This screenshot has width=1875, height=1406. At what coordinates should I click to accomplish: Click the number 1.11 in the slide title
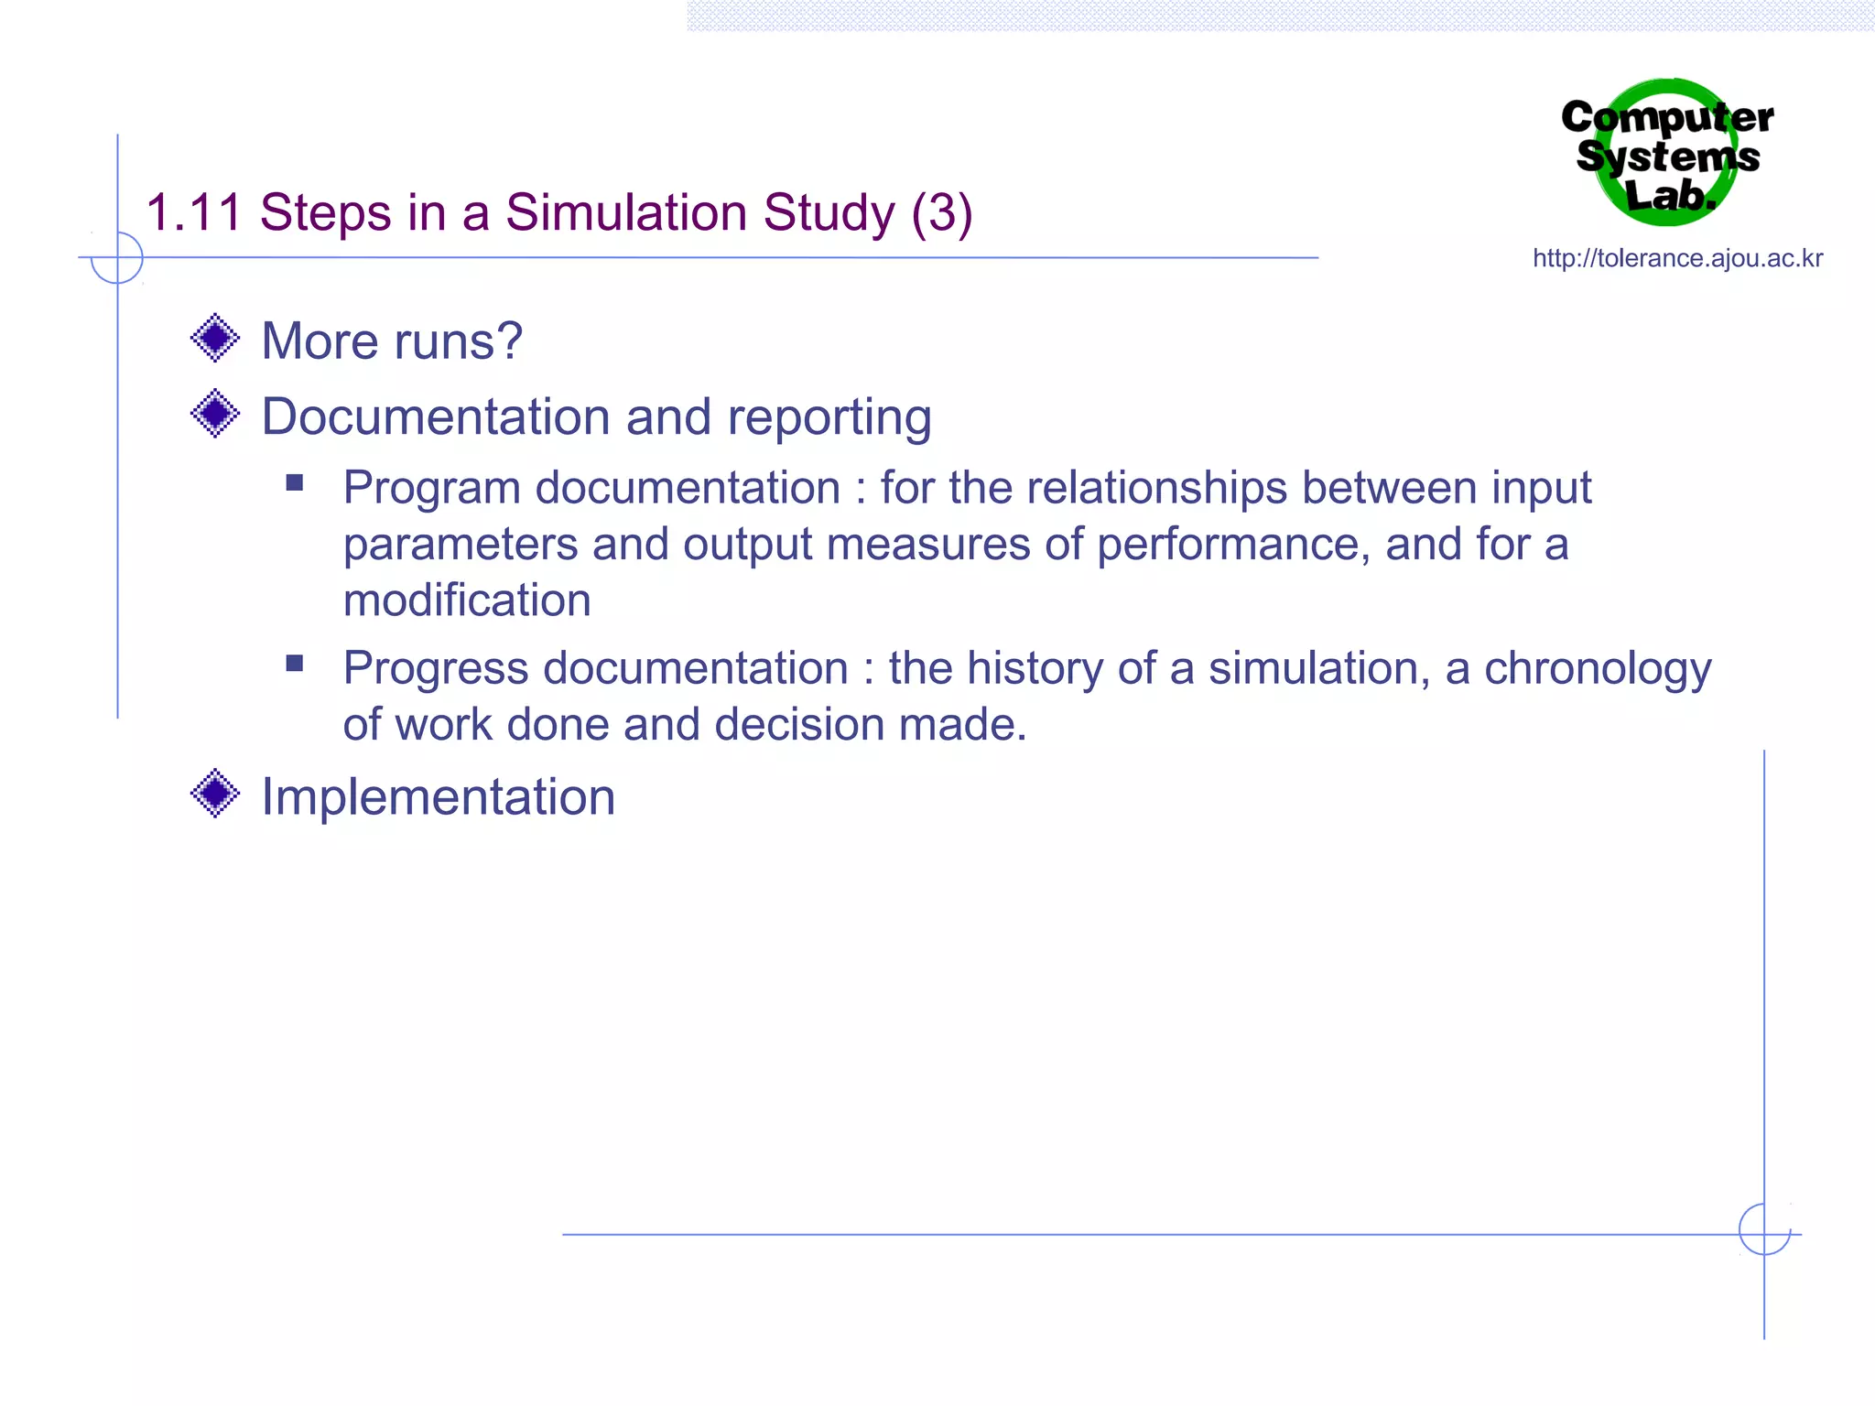pyautogui.click(x=193, y=213)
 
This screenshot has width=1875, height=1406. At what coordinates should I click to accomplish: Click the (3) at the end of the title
pyautogui.click(x=941, y=213)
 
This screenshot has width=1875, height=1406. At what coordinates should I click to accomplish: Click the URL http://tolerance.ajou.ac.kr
pyautogui.click(x=1677, y=259)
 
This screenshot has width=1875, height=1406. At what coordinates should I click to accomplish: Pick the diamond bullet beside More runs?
pyautogui.click(x=215, y=338)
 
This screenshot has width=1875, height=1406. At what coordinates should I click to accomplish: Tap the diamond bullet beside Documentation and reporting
pyautogui.click(x=215, y=414)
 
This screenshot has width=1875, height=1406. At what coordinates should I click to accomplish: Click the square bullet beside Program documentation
pyautogui.click(x=295, y=482)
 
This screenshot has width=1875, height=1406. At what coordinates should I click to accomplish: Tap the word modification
pyautogui.click(x=467, y=600)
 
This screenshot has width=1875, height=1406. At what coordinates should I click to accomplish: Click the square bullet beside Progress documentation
pyautogui.click(x=295, y=664)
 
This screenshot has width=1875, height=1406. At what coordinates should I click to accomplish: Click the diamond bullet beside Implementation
pyautogui.click(x=215, y=793)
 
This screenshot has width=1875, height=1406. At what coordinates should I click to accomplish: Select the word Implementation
pyautogui.click(x=439, y=797)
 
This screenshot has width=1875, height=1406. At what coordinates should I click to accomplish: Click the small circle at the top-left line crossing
pyautogui.click(x=117, y=257)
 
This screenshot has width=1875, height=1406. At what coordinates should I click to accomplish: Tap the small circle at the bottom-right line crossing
pyautogui.click(x=1764, y=1229)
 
